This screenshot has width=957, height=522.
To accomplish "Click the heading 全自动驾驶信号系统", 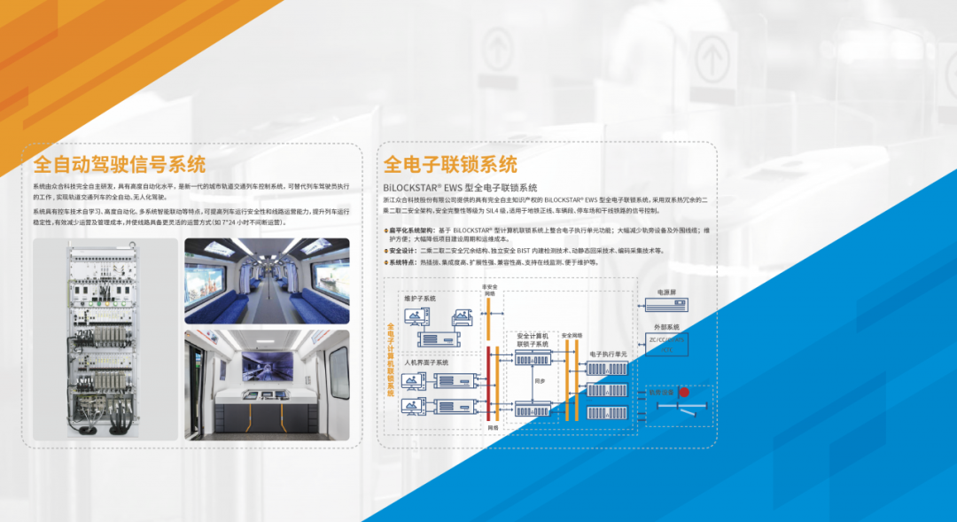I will point(120,165).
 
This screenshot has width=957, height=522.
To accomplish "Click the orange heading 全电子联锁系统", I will point(450,165).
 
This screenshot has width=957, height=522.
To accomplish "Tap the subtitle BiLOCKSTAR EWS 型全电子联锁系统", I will point(460,188).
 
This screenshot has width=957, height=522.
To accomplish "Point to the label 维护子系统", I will point(421,298).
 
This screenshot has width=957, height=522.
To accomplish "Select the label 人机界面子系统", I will point(426,362).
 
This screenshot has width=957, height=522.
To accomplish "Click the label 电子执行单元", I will point(607,354).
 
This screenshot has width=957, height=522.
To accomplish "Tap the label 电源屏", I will point(666,292).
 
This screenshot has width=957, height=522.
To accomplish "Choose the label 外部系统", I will point(666,327).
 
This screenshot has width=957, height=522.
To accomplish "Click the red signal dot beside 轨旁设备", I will point(684,392).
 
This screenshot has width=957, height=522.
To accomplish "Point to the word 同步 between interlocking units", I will point(540,380).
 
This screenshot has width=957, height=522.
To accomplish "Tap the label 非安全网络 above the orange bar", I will point(489,290).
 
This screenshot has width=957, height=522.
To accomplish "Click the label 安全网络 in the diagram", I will point(572,335).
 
